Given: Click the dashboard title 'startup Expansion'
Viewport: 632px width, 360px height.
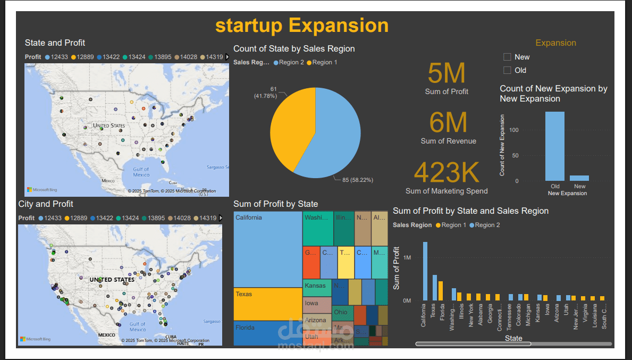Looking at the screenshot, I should pos(301,25).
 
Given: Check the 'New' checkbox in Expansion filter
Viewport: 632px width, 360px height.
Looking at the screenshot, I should pos(507,57).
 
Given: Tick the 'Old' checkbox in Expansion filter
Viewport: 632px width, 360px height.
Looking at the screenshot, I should pos(507,70).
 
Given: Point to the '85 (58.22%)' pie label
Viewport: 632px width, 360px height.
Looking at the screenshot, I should pos(357,180).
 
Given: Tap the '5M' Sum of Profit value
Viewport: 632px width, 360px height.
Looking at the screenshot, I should pos(446,73).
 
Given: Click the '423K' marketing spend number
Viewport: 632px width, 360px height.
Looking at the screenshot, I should pos(446,172).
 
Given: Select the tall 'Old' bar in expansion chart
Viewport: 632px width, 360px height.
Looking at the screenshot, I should pos(555,146).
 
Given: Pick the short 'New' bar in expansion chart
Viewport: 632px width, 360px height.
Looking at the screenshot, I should pos(579,178).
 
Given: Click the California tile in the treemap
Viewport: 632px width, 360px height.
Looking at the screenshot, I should pos(268,249).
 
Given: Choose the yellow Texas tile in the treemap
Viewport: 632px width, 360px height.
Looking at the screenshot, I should pos(268,304).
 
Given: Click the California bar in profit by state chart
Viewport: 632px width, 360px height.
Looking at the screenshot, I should pos(425,271).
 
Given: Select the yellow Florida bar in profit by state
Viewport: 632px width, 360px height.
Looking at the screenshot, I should pos(441,291).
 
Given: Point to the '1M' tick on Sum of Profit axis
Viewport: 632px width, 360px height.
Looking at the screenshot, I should pos(407,257).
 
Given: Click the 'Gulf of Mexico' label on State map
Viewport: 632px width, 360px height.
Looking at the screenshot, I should pos(141,172).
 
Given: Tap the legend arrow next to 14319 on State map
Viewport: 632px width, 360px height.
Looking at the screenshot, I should pos(227,57).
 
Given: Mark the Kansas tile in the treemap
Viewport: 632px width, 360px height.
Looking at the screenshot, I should pos(317,286).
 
